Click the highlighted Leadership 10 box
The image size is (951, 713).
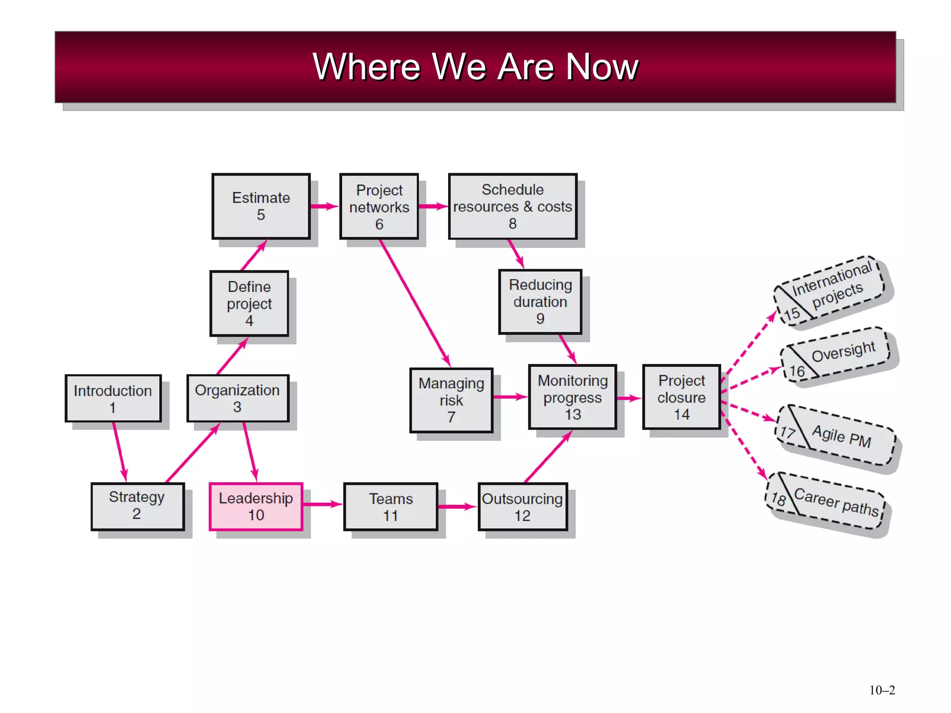tap(256, 506)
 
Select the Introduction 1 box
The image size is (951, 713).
tap(113, 399)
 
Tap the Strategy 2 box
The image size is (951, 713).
tap(137, 506)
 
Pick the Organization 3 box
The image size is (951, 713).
tap(237, 398)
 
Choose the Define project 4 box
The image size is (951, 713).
tap(249, 304)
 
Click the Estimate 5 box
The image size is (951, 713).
tap(261, 207)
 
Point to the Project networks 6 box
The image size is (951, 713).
tap(379, 207)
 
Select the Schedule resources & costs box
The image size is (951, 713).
tap(513, 207)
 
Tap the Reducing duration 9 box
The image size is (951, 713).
tap(540, 302)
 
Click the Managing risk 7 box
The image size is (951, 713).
tap(451, 400)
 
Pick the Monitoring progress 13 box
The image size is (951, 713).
tap(573, 397)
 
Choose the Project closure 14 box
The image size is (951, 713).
tap(681, 397)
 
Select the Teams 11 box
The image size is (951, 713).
tap(391, 507)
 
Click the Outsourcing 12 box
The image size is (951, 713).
tap(522, 507)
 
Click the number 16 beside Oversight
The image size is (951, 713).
tap(797, 371)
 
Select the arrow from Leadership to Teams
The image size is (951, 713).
tap(322, 505)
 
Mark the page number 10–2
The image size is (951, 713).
tap(882, 690)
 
